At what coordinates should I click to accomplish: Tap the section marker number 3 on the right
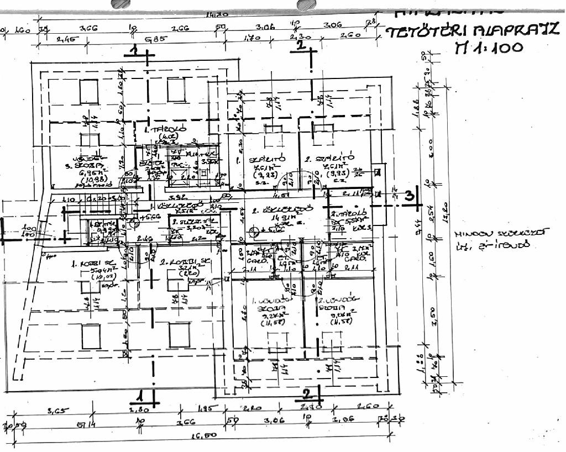410,196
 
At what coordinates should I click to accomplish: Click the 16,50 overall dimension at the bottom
205,435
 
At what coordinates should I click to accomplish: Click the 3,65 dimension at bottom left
56,411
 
